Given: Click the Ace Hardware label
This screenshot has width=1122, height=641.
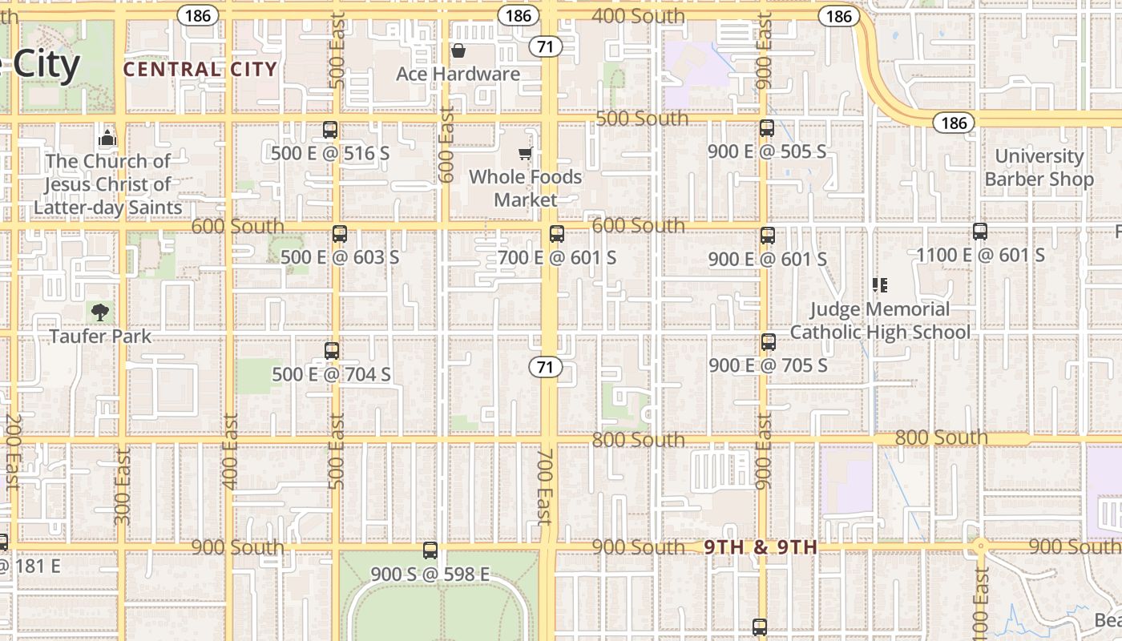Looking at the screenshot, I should tap(458, 74).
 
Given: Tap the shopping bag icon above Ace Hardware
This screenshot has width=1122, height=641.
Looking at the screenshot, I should tap(458, 51).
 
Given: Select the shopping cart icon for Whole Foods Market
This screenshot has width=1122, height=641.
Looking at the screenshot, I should tap(525, 153).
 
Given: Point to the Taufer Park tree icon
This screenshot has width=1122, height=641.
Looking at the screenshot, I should tap(100, 312).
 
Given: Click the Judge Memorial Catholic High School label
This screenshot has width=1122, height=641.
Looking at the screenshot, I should tap(880, 320).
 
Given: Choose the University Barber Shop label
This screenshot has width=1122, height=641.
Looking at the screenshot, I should tap(1039, 167).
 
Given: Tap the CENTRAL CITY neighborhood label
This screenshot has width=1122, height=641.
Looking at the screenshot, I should tap(200, 70).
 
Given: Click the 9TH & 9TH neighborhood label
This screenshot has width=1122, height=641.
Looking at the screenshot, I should tap(760, 547).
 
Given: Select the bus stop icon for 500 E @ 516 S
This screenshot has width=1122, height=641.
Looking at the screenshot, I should tap(329, 130).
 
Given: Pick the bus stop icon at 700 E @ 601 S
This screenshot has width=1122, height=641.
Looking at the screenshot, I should tap(556, 235).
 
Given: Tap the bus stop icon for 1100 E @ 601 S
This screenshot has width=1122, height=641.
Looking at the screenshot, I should tap(979, 232).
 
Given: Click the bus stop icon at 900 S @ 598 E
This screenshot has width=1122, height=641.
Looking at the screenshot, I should tap(430, 550).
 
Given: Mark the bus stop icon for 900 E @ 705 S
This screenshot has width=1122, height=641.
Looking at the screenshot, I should tap(768, 342).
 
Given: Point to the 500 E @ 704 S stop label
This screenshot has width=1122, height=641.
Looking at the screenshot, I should tap(331, 374).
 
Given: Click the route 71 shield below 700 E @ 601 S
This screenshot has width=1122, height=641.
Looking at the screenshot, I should tap(545, 368).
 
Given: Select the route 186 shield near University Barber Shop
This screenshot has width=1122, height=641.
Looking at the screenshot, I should tap(954, 123).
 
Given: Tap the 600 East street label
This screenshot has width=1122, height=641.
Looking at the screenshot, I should tap(447, 144).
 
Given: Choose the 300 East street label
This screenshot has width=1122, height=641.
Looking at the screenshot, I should tap(122, 486).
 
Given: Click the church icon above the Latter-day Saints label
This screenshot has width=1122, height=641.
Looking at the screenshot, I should tap(107, 137).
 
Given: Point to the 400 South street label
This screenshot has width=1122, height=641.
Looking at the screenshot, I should tap(638, 16).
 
